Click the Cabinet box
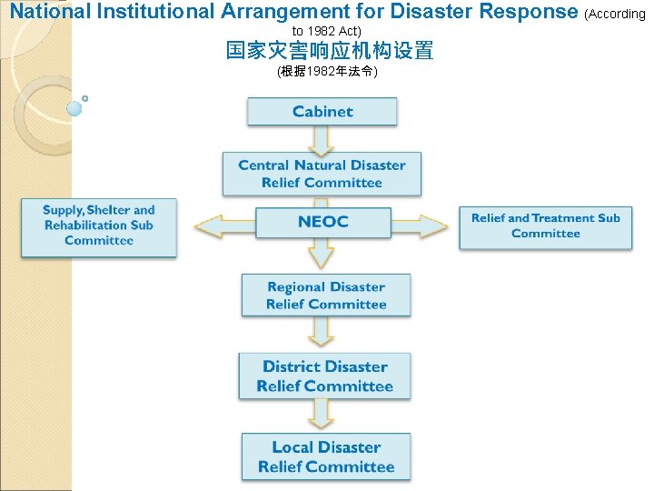click(322, 112)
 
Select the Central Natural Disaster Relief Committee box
click(322, 174)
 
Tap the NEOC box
click(322, 222)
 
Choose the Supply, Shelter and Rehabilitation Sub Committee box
click(99, 225)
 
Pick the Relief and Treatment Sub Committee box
click(545, 225)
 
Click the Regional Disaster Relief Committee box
click(325, 296)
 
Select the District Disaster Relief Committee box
click(324, 376)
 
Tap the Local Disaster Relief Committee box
click(325, 456)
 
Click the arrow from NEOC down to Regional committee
click(322, 256)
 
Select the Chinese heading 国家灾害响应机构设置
click(329, 51)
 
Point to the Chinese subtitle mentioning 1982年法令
click(327, 71)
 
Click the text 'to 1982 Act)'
click(327, 31)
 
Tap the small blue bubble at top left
click(74, 108)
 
